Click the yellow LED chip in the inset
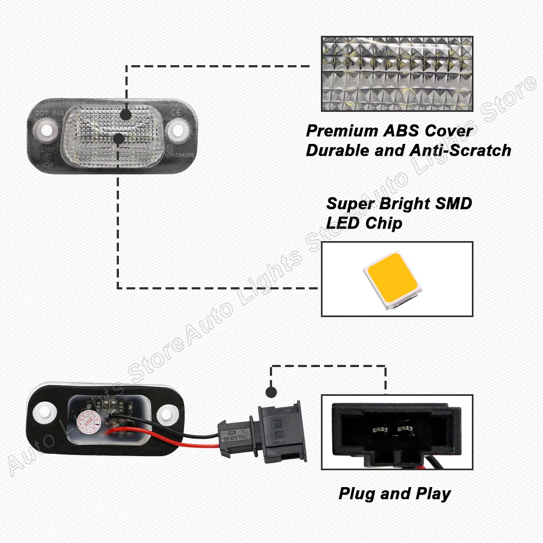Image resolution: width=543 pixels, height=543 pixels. click(x=392, y=279)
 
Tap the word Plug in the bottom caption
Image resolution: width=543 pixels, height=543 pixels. click(x=356, y=494)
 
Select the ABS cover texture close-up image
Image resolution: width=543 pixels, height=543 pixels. click(x=397, y=74)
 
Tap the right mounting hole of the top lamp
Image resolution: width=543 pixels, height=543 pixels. click(x=177, y=130)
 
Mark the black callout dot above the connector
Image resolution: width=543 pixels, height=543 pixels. click(x=270, y=392)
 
